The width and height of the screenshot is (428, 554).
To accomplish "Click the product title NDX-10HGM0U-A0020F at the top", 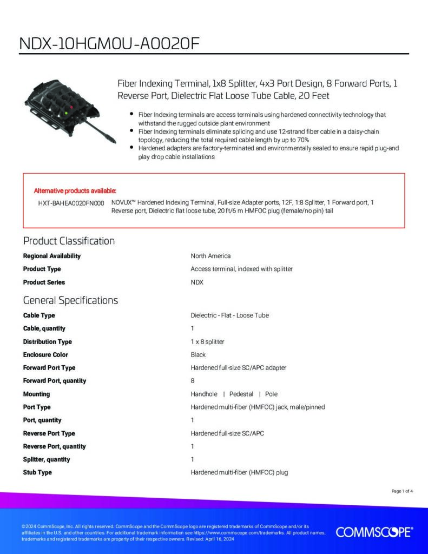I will [110, 44].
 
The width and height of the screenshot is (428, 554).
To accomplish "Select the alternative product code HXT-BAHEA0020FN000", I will [71, 202].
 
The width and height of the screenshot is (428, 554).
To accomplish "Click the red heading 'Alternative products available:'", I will [75, 190].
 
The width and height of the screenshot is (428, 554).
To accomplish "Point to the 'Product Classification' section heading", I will [69, 241].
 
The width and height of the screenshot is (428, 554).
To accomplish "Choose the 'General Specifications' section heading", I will [70, 300].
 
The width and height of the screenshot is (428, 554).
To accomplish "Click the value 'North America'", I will [210, 256].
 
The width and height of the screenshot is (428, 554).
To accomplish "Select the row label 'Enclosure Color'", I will [45, 355].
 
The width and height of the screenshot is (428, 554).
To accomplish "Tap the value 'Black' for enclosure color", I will [198, 355].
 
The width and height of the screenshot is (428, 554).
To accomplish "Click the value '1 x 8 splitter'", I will [207, 342].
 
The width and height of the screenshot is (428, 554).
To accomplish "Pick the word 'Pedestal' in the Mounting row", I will [241, 394].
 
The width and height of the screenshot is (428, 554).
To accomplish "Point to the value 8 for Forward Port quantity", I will [193, 381].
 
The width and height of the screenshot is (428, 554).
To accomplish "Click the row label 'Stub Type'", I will [37, 473].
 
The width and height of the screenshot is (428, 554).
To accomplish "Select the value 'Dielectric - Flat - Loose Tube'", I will [229, 315].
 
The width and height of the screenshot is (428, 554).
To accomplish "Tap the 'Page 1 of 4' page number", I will [402, 491].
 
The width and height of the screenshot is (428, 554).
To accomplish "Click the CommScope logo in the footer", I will [374, 532].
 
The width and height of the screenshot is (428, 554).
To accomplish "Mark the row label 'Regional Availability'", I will [51, 256].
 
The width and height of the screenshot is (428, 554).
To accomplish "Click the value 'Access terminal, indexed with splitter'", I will [241, 269].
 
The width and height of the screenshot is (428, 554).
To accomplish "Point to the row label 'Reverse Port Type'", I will [49, 433].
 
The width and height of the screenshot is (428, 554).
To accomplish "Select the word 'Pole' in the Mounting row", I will [271, 394].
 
